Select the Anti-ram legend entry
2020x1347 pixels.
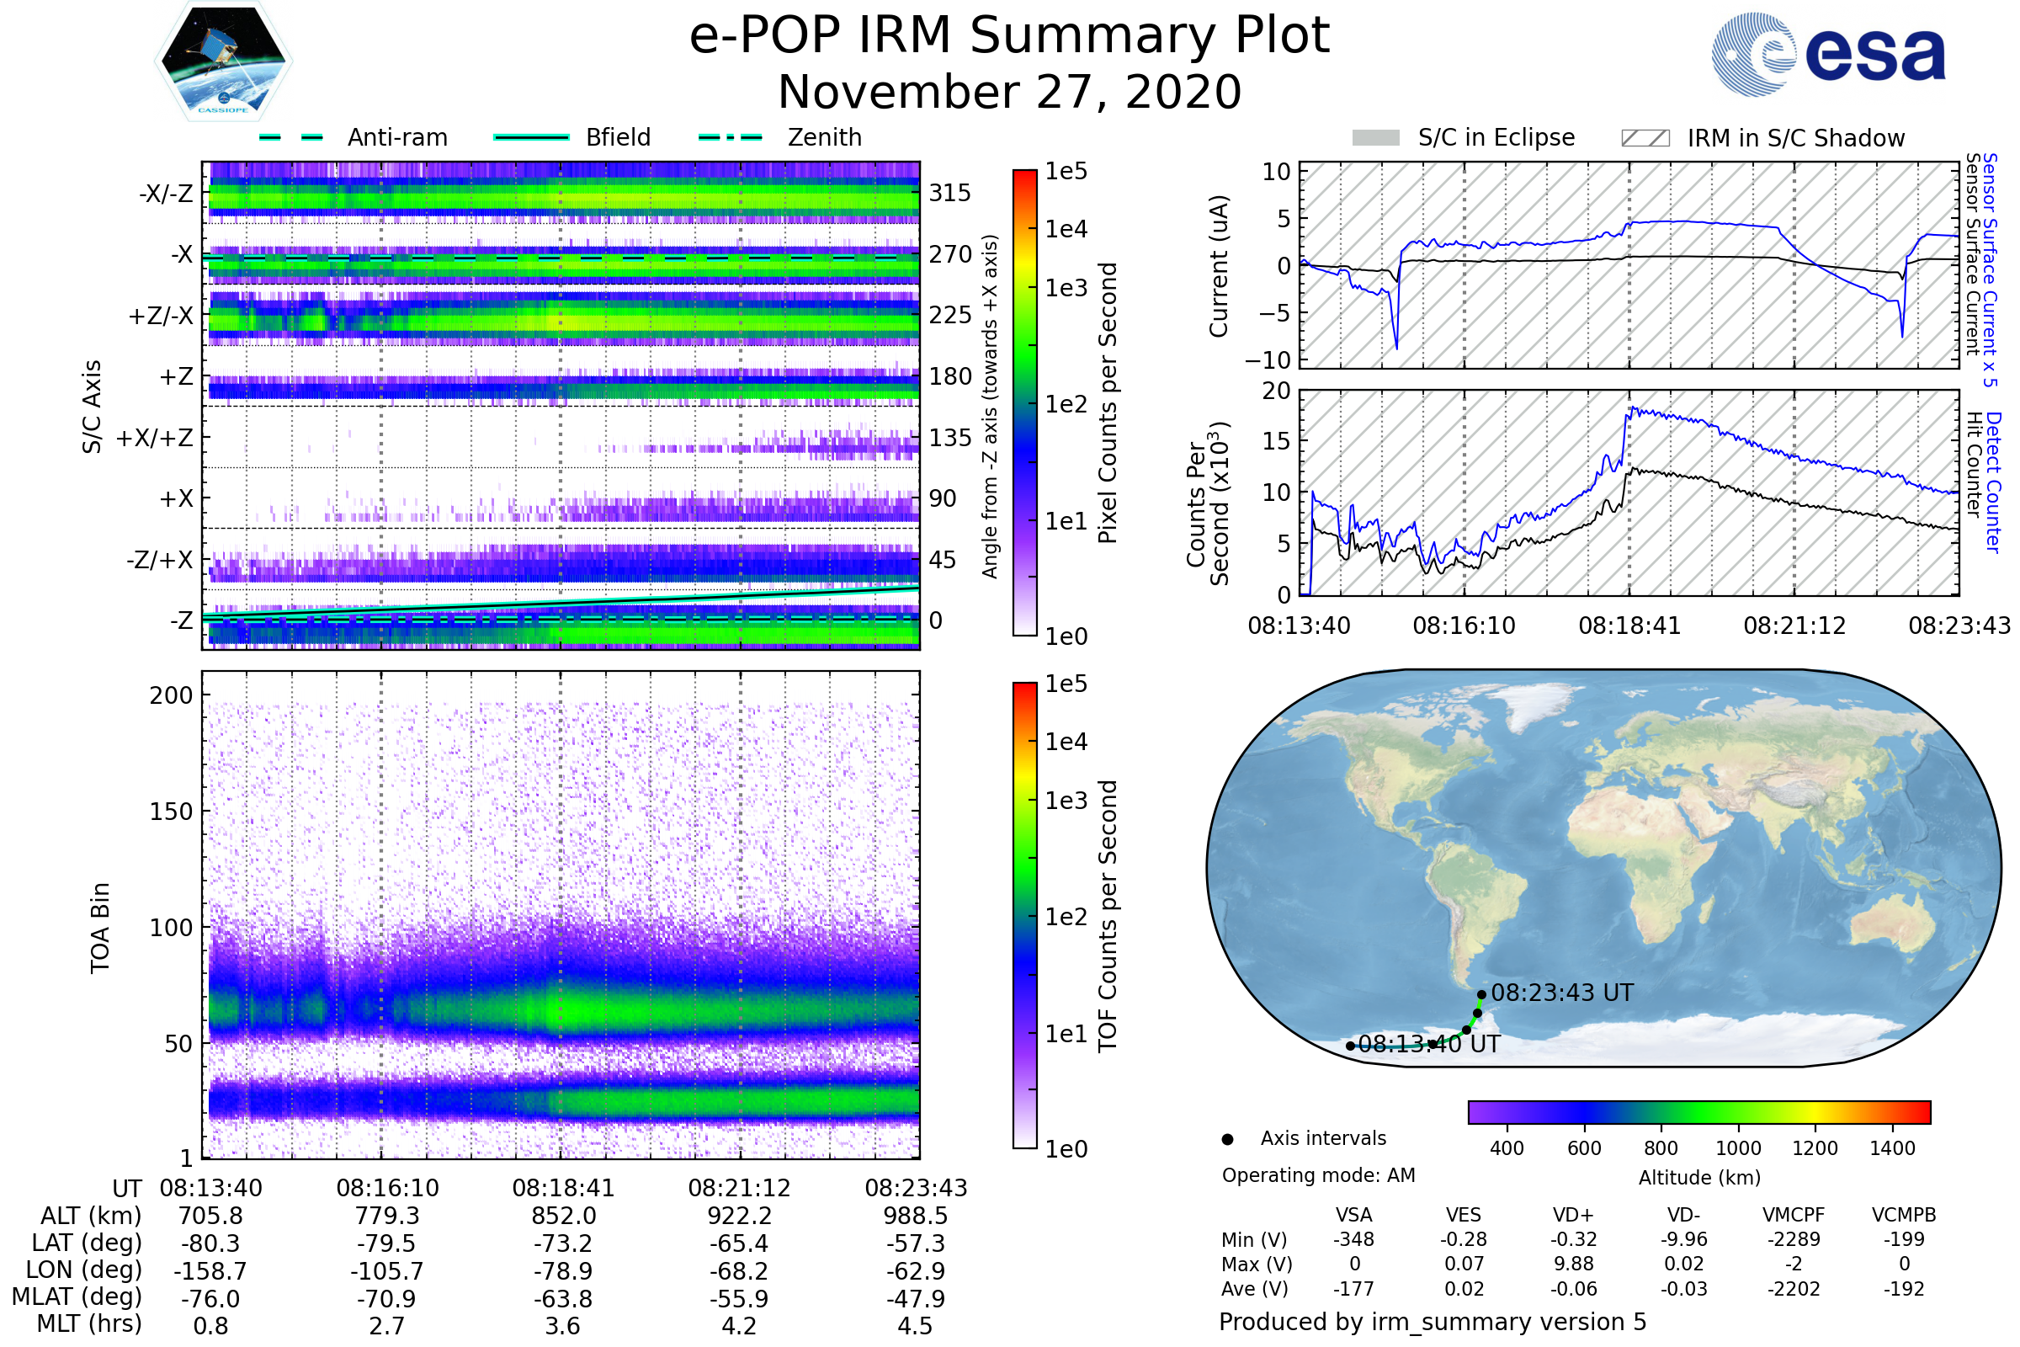click(396, 137)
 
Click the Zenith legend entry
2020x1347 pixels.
click(824, 137)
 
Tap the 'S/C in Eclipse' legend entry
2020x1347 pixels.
click(1496, 137)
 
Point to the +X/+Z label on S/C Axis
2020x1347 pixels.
click(155, 438)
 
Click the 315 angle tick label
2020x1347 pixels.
click(949, 193)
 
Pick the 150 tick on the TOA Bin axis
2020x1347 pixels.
click(171, 812)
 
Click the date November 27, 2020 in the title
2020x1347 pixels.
click(1009, 93)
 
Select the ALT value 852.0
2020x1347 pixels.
click(563, 1216)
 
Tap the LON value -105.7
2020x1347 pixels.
click(387, 1270)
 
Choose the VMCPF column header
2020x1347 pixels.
click(1794, 1215)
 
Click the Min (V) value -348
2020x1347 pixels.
click(1353, 1239)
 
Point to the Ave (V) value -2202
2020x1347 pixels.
click(1794, 1289)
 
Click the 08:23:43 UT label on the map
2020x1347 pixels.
click(1561, 993)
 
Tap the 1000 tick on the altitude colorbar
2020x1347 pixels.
click(1737, 1148)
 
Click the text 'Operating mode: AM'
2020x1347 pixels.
click(1318, 1175)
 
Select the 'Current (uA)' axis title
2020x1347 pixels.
click(1219, 266)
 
